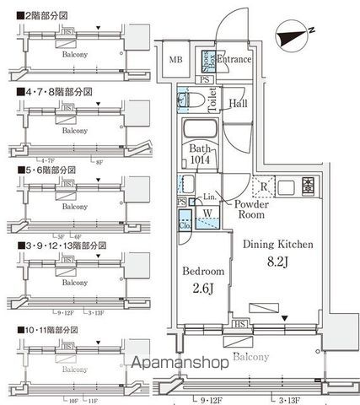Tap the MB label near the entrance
tap(175, 60)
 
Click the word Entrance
tap(234, 60)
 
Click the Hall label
tap(239, 104)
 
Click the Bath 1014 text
tap(201, 157)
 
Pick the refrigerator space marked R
tap(264, 187)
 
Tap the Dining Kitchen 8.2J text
tap(278, 252)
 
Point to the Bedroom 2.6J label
tap(203, 280)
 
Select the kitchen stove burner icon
tap(308, 186)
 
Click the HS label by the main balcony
tap(239, 323)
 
